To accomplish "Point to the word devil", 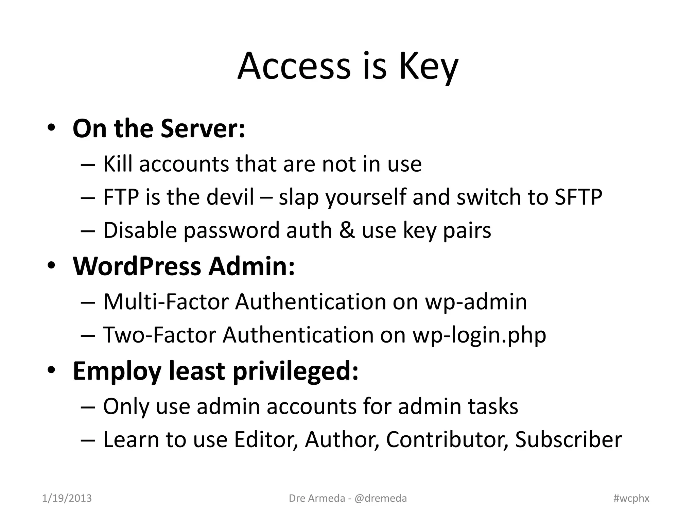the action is coord(230,197).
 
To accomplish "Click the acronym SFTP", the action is coord(578,197).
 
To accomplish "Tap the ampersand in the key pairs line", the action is coord(347,230).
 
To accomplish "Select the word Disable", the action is coord(140,230).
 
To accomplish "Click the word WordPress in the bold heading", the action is coord(137,266).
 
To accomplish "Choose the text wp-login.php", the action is coord(479,335).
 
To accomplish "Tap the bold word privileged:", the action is coord(295,371).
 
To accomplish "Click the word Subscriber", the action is coord(568,439).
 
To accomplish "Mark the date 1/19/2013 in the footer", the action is coord(67,498).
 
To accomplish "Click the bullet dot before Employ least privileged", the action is coord(51,370).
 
